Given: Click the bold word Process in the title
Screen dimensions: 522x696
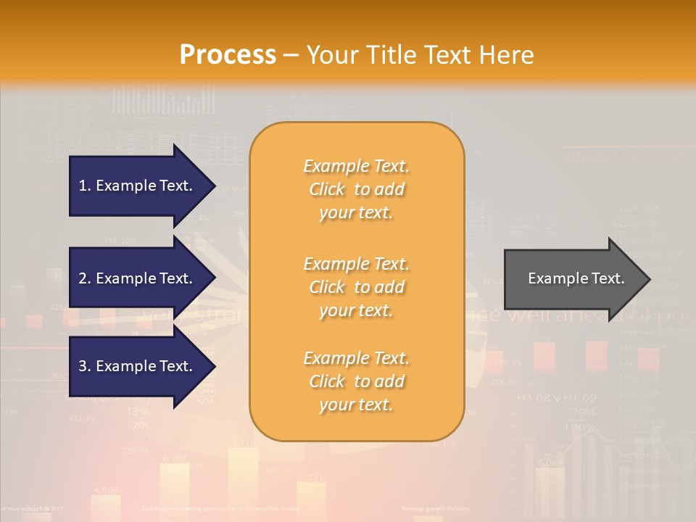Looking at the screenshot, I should pos(228,54).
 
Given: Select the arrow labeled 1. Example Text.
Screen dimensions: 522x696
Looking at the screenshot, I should pos(138,186).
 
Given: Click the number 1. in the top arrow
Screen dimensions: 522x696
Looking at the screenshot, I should pos(85,186).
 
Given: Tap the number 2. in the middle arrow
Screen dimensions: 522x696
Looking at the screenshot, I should pos(85,278).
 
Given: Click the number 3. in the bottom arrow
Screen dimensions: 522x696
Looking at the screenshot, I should pos(85,366).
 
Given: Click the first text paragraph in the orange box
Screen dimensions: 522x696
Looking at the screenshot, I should pos(356,189).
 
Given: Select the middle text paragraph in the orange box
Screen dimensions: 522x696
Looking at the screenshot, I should pos(356,287).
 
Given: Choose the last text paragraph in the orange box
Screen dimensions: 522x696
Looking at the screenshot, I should pos(356,381).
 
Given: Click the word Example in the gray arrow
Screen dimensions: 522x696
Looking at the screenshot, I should pos(552,278).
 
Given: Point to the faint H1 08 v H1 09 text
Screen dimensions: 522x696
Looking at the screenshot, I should pos(556,398).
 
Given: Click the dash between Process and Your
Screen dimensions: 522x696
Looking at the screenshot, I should pos(291,55).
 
